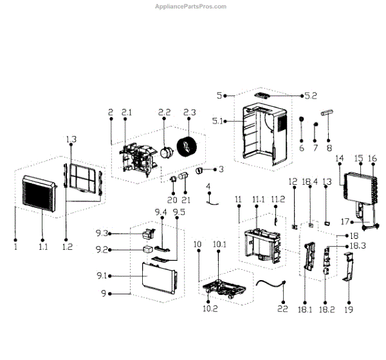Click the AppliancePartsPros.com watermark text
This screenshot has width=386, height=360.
pos(192,6)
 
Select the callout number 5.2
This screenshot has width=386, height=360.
pos(311,96)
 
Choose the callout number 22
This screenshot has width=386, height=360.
pos(281,309)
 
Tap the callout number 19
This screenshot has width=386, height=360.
pos(349,309)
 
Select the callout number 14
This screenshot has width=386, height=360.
pos(340,158)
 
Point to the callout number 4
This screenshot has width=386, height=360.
pos(208,186)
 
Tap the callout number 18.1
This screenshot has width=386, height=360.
pos(307,310)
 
